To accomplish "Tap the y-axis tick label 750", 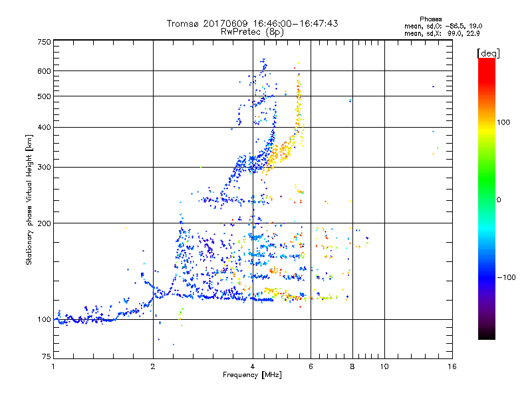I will pos(45,42).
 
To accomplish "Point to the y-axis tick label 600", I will pos(45,71).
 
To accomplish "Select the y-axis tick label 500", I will pos(45,96).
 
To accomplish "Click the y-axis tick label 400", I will pos(45,127).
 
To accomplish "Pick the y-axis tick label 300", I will pos(45,167).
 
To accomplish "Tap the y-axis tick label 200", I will pos(45,223).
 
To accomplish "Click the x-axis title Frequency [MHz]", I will pos(252,376).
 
